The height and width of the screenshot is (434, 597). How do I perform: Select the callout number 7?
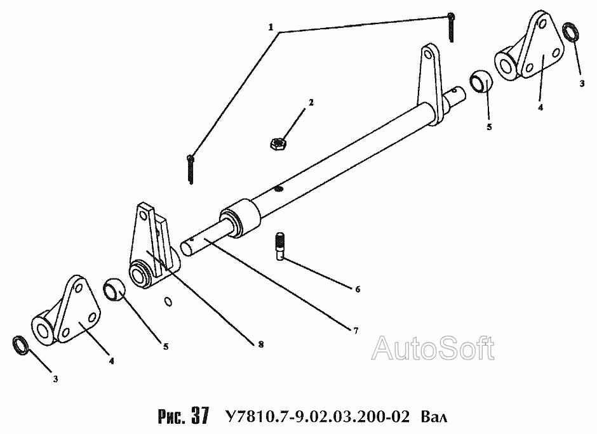click(x=355, y=331)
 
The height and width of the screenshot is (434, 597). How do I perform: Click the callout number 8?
click(x=260, y=343)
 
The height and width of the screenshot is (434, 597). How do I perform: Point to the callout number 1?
click(x=271, y=28)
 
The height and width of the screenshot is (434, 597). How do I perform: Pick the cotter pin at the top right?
click(x=450, y=26)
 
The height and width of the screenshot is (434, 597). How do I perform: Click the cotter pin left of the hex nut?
click(x=191, y=169)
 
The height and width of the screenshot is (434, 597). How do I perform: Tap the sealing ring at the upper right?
click(x=570, y=32)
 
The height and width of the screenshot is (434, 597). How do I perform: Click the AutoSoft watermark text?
click(x=433, y=348)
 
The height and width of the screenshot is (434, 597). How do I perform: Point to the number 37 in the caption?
click(x=199, y=416)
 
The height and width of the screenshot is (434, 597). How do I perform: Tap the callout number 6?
click(x=357, y=289)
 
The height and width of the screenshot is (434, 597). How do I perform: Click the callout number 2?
click(x=311, y=102)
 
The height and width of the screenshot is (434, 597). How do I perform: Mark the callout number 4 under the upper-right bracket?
click(x=540, y=107)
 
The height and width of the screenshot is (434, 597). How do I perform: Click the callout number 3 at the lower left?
click(x=55, y=379)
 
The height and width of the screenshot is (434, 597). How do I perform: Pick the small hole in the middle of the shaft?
click(x=278, y=188)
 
